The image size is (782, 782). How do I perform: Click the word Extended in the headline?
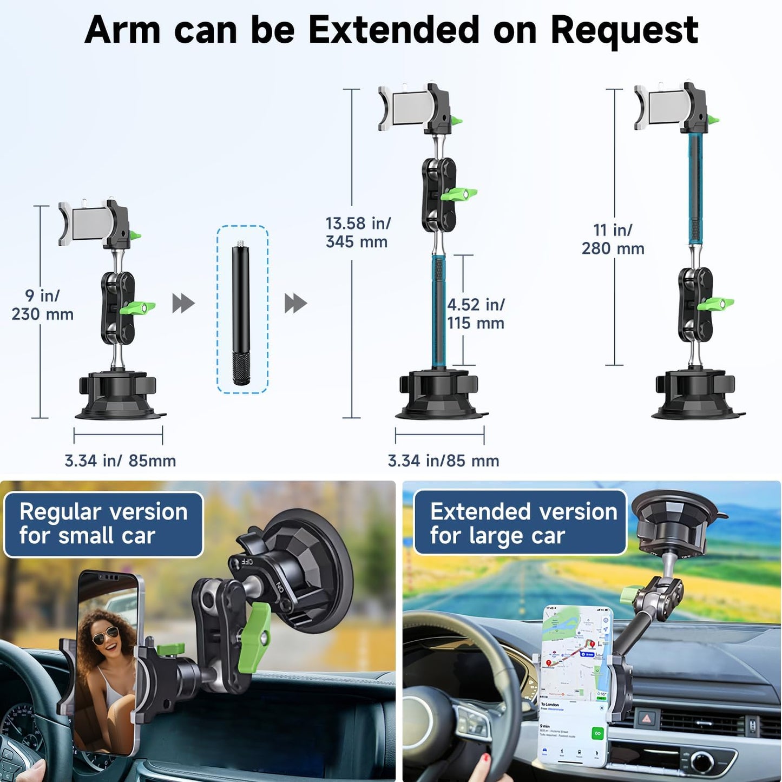coord(393,30)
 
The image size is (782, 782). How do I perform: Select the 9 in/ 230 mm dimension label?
coord(42,305)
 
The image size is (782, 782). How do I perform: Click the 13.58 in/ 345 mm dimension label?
coord(357,232)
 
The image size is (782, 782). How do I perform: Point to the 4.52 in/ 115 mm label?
coord(476,314)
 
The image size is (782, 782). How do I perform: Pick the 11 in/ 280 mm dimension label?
coord(613,239)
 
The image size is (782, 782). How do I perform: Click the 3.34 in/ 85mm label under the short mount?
coord(120,461)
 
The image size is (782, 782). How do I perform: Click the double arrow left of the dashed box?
coord(183,304)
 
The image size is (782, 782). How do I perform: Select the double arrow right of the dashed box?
coord(295,304)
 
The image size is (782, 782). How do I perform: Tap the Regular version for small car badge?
coord(103,524)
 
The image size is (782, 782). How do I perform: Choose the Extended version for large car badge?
coord(520,523)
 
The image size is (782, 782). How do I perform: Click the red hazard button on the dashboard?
coord(647,719)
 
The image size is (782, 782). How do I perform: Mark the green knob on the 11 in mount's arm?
coord(715,305)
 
